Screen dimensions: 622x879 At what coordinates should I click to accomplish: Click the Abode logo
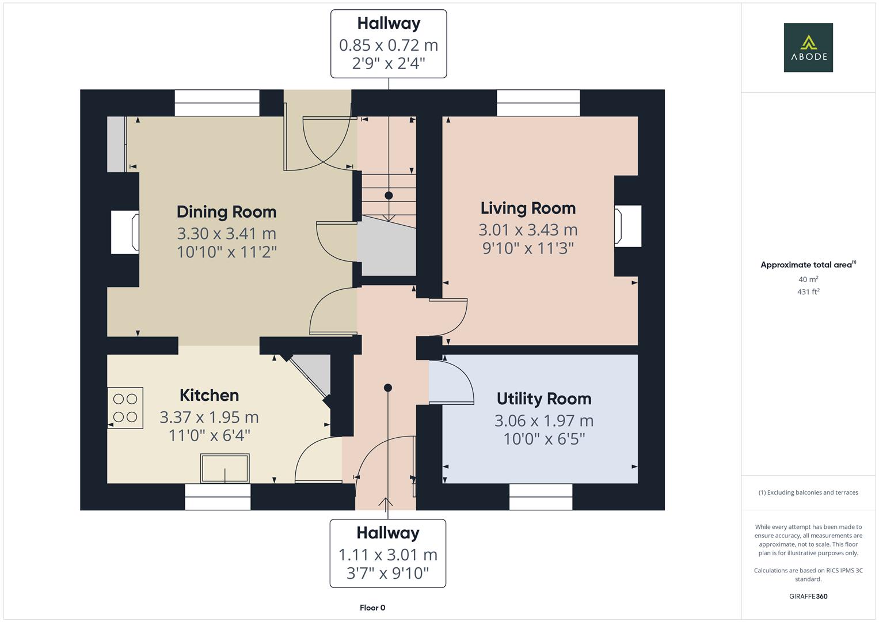808,47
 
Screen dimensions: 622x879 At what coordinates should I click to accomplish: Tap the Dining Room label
226,212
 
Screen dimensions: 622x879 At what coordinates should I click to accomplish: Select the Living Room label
528,208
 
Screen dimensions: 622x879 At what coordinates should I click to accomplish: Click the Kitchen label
209,395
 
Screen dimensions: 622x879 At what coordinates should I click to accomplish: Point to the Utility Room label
543,399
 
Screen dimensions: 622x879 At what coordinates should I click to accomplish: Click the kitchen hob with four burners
125,408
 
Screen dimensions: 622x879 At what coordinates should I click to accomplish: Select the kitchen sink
224,468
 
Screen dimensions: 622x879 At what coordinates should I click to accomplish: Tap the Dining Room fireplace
125,232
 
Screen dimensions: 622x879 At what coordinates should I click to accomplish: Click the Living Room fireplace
627,226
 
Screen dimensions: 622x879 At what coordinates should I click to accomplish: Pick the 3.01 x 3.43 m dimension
528,230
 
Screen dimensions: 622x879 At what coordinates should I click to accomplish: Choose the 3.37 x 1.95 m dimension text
209,417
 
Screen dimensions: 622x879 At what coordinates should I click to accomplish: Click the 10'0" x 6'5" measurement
543,439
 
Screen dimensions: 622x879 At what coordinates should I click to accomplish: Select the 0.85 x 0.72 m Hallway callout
389,44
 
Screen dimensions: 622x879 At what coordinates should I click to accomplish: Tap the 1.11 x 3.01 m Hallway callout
387,553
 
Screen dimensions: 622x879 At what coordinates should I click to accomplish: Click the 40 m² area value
808,279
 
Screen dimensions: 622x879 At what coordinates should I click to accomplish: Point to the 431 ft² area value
808,292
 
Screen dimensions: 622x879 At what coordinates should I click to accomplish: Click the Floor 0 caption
372,608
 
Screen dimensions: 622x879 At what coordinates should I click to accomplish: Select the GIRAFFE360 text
808,596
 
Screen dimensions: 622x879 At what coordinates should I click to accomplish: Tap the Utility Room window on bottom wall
541,496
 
